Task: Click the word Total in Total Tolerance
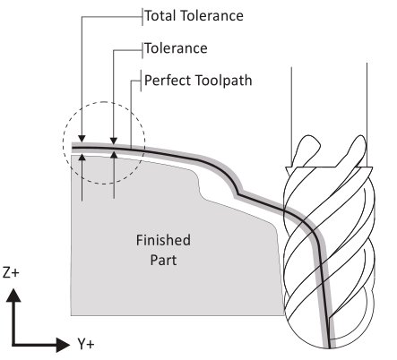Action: [x=160, y=15]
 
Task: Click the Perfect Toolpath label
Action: [x=198, y=81]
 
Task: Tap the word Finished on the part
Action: [x=163, y=240]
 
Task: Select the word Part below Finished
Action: [x=163, y=260]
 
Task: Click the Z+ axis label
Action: [x=11, y=272]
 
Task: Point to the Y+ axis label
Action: [x=86, y=344]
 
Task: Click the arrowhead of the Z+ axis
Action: [x=13, y=295]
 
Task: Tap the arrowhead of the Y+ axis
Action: [x=63, y=345]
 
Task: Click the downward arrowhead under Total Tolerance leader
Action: [x=82, y=139]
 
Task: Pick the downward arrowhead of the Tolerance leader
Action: [x=114, y=141]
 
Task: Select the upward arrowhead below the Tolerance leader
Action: [x=114, y=155]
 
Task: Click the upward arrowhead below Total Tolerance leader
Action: [x=82, y=157]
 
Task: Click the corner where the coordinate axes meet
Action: [x=13, y=345]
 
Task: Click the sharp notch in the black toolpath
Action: [x=238, y=194]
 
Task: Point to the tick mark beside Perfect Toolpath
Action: [x=141, y=81]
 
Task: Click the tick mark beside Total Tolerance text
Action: [x=142, y=17]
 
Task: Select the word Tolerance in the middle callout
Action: [x=176, y=48]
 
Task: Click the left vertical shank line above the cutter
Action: [x=291, y=116]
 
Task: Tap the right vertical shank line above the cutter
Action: [x=367, y=115]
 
